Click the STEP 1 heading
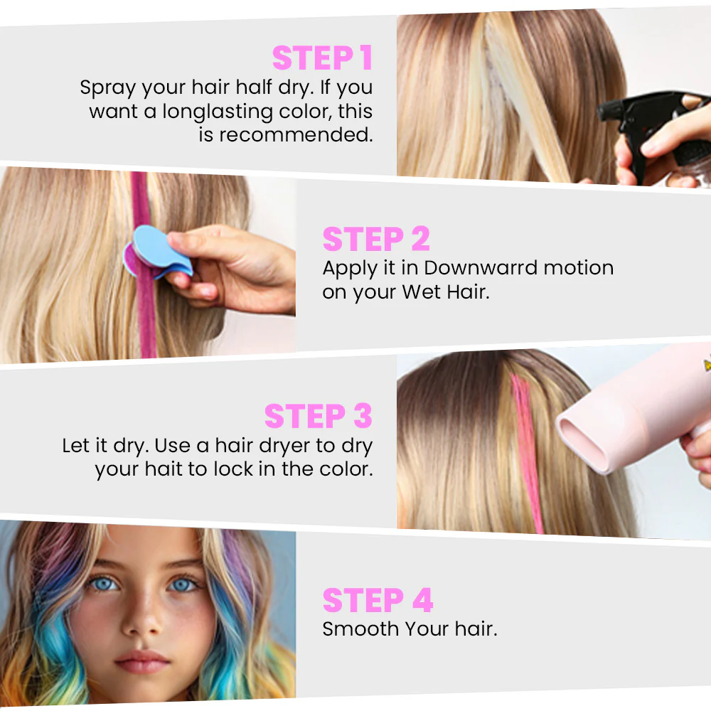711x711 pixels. (x=322, y=58)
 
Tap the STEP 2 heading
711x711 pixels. (x=376, y=239)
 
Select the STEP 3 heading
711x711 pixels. (x=319, y=416)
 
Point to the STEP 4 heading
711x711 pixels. (x=378, y=600)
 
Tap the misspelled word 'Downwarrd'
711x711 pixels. (x=481, y=267)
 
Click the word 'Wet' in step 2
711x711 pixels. (x=421, y=292)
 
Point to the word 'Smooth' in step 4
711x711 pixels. (x=360, y=629)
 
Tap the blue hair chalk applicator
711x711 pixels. (x=159, y=252)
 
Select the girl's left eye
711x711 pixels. (x=183, y=585)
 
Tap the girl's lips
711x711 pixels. (x=142, y=662)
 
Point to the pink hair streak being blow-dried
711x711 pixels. (x=527, y=454)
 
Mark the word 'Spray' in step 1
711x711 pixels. (x=108, y=87)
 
